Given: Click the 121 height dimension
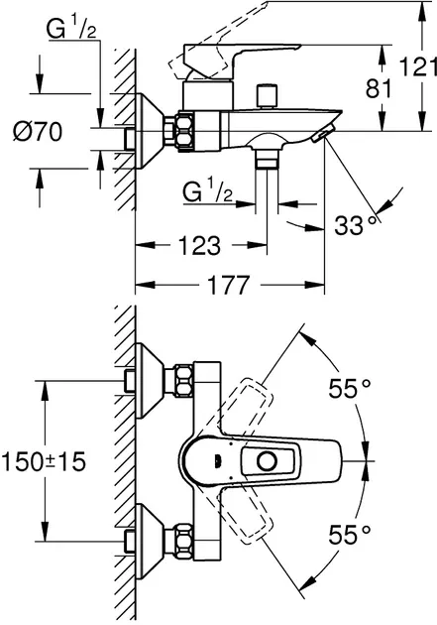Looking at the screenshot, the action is click(418, 66).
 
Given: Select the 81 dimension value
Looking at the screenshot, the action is click(379, 88).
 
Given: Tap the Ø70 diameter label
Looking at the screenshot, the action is click(38, 132).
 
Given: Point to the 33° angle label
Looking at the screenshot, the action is click(355, 225).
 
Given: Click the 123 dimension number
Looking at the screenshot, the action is click(199, 246).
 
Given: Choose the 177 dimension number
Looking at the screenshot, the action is click(229, 285).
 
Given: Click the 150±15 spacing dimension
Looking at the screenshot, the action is click(44, 462).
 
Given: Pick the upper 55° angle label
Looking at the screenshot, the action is click(350, 388).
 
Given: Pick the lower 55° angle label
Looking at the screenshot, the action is click(350, 535).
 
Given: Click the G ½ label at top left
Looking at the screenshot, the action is click(71, 30).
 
